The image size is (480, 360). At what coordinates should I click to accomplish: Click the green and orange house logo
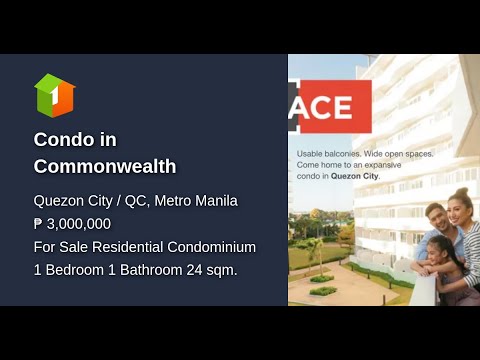pyautogui.click(x=55, y=95)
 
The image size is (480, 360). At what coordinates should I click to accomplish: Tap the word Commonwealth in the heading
pyautogui.click(x=105, y=166)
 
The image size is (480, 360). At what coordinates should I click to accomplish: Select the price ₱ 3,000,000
pyautogui.click(x=72, y=224)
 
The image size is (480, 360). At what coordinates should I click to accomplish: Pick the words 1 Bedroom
pyautogui.click(x=68, y=269)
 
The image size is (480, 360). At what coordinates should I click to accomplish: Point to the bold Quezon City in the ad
pyautogui.click(x=359, y=176)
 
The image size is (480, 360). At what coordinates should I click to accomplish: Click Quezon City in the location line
pyautogui.click(x=70, y=201)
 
